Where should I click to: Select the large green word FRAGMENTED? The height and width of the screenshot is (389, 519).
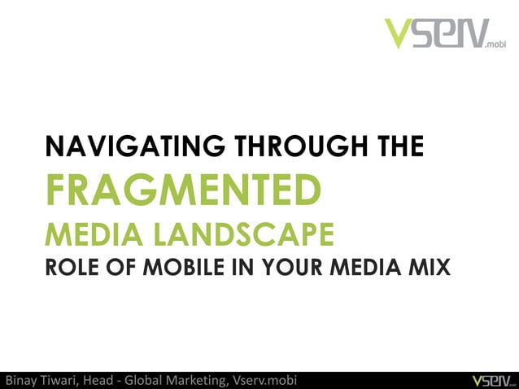[182, 190]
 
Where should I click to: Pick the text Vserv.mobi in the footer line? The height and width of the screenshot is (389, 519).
[265, 380]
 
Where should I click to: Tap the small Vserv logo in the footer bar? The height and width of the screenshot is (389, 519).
[487, 380]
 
